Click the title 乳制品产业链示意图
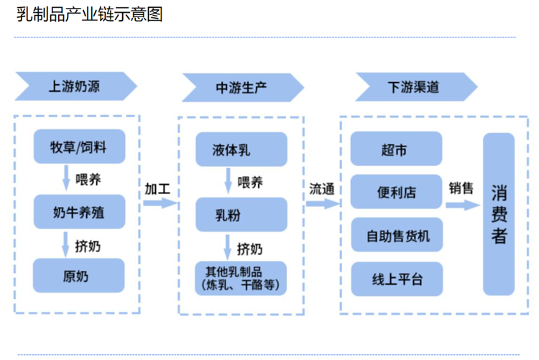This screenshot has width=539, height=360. pos(90,14)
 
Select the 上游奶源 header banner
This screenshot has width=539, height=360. pos(75,87)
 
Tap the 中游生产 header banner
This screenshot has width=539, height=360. pos(241,87)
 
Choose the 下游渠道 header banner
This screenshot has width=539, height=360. pos(414,87)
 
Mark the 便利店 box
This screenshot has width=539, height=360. pos(395,192)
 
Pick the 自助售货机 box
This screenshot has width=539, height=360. pos(395,234)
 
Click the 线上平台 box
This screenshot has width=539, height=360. pos(395,279)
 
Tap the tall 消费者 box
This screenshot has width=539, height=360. pos(499,213)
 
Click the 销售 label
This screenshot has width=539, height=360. pos(461,188)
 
